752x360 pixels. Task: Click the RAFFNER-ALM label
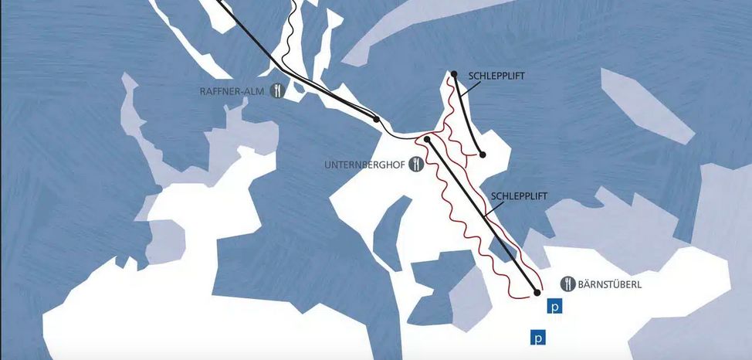click(x=232, y=90)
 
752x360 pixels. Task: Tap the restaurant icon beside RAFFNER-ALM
click(x=279, y=90)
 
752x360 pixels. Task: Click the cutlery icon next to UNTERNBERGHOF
click(x=417, y=164)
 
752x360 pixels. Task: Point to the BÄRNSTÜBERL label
click(x=611, y=284)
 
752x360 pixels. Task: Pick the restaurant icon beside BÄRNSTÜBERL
click(x=567, y=284)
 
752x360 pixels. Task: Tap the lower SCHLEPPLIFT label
click(x=519, y=196)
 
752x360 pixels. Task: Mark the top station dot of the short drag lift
click(x=455, y=74)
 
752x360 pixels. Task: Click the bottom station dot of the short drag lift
click(x=483, y=155)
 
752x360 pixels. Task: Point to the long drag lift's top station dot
click(x=426, y=140)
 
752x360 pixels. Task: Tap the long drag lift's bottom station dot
click(x=537, y=292)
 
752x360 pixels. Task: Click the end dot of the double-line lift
click(x=376, y=120)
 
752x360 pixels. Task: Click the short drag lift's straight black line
click(x=469, y=114)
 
